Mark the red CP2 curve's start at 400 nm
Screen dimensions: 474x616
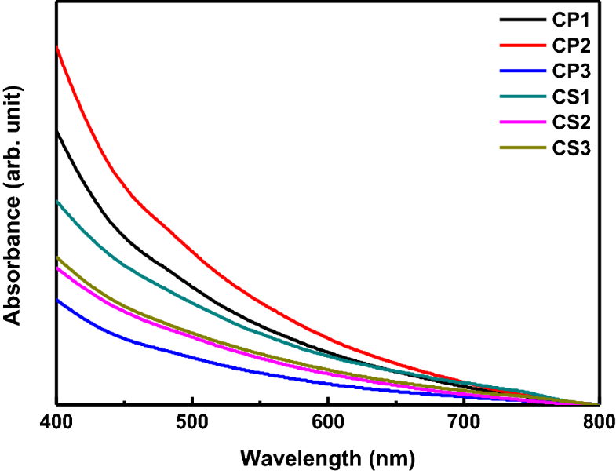[57, 49]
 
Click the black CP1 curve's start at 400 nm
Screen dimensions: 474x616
[57, 133]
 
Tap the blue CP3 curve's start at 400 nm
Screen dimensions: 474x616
[57, 300]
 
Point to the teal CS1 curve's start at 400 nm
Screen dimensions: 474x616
[57, 202]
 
